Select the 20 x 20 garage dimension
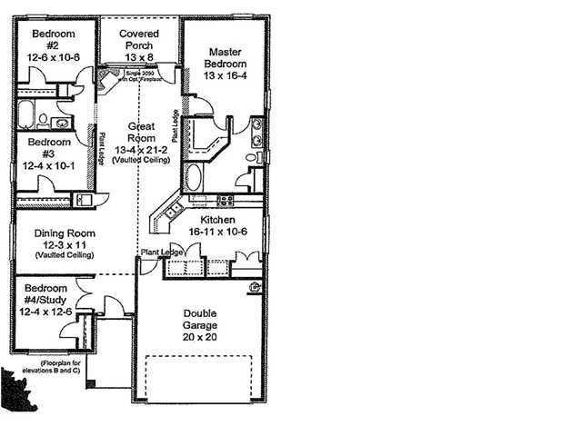tap(198, 335)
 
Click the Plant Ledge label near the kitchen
tap(156, 252)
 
